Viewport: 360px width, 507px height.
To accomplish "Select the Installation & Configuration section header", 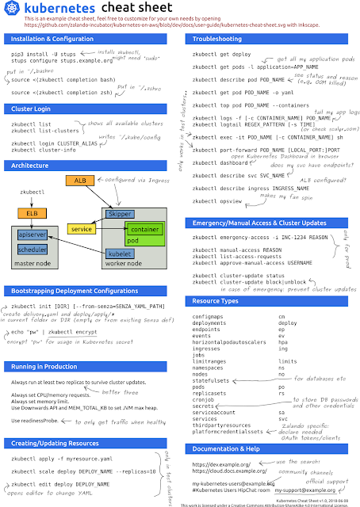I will click(x=48, y=39).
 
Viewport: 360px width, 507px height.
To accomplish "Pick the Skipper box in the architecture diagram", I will click(x=120, y=215).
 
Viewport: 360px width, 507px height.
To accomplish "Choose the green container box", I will click(x=144, y=230).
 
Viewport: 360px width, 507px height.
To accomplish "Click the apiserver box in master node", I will click(x=31, y=234).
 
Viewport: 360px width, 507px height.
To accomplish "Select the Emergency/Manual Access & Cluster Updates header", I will click(x=258, y=223).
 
